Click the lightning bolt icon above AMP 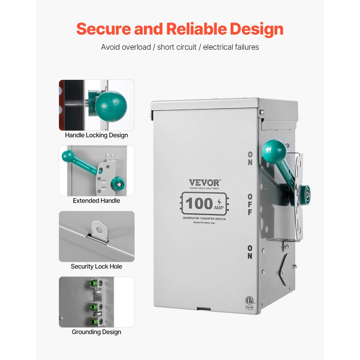[219, 201]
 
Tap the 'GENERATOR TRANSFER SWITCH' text [204, 219]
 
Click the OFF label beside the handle [250, 204]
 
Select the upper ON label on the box [250, 158]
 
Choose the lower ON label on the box [250, 252]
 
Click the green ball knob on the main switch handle [274, 151]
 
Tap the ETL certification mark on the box [248, 301]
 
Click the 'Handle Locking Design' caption [96, 135]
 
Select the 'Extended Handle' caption [96, 201]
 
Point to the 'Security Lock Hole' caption [96, 266]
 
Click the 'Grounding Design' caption [96, 332]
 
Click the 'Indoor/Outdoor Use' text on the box [204, 223]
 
